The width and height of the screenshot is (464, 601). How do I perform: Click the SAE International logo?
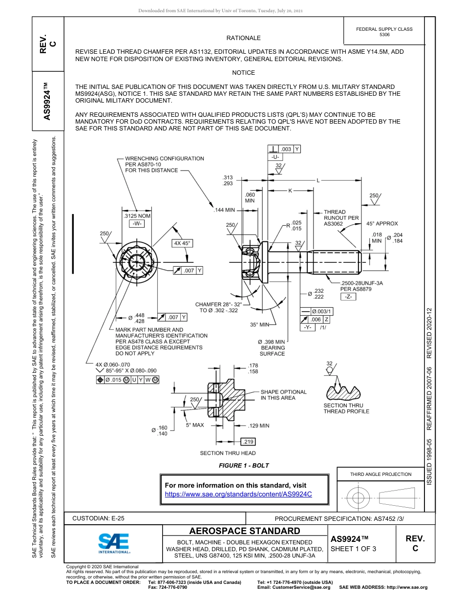click(114, 542)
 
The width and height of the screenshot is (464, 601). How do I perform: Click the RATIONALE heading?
click(243, 38)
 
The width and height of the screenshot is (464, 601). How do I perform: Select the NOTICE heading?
click(243, 73)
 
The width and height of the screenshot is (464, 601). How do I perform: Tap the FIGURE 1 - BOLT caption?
click(244, 465)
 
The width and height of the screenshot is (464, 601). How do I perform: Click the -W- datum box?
click(137, 223)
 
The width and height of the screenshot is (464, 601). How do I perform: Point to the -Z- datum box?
click(348, 297)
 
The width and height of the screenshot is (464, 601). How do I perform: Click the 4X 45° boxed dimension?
click(182, 243)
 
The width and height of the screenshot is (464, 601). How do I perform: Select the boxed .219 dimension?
click(249, 442)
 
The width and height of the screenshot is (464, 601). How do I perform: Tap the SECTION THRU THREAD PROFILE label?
click(346, 408)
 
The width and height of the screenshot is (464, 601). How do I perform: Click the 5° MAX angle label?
click(194, 425)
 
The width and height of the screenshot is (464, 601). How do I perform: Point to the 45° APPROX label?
click(382, 223)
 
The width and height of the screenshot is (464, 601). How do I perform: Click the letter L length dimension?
click(317, 181)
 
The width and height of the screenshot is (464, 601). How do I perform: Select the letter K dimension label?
click(290, 191)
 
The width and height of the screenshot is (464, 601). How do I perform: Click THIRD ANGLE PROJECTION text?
click(380, 474)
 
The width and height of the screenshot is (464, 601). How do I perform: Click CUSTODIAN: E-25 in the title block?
click(98, 518)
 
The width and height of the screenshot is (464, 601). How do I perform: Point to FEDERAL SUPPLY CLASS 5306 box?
click(384, 32)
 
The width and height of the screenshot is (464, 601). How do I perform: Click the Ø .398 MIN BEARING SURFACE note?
click(272, 347)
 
